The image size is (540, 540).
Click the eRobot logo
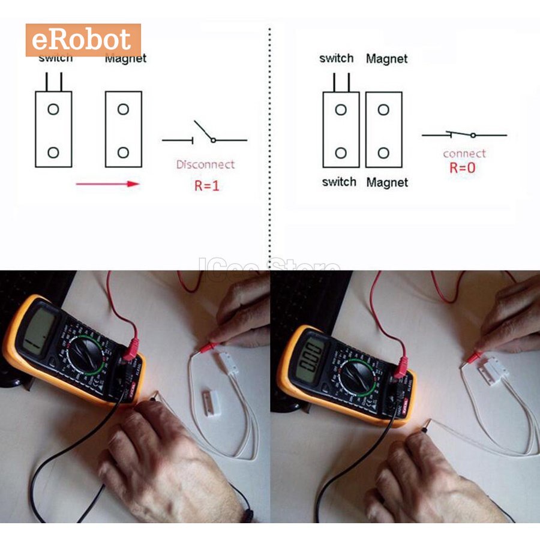point(83,40)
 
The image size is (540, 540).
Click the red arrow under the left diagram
point(107,184)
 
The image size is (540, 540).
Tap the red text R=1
point(207,185)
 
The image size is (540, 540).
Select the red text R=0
point(462,168)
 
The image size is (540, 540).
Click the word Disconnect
point(205,164)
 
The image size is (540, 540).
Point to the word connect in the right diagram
point(464,154)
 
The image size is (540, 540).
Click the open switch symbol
point(205,134)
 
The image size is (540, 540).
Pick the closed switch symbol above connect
point(464,134)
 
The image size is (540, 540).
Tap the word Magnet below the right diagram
point(387,182)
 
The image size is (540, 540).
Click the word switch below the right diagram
point(339,182)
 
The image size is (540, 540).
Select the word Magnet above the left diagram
point(125,58)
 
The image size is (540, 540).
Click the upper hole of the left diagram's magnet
point(123,109)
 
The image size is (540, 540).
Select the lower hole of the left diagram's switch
point(53,152)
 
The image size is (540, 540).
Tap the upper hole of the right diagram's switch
point(341,110)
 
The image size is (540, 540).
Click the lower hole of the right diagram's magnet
point(383,152)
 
